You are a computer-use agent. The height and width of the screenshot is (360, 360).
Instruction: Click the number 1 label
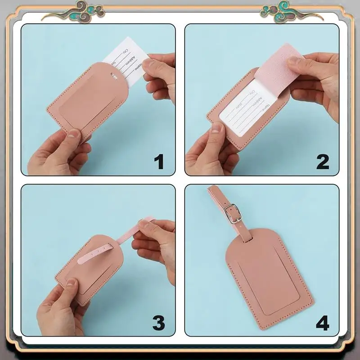coord(159,162)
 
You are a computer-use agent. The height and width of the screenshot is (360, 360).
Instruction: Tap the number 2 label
coord(323,162)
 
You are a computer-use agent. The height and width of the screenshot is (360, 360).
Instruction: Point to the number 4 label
coord(323,323)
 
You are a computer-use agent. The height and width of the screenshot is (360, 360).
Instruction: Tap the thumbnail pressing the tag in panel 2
coord(217,128)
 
